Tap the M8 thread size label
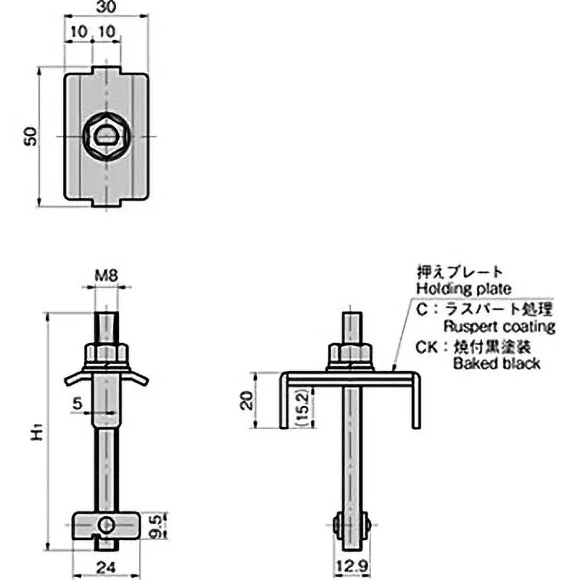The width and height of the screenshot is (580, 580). pos(107,276)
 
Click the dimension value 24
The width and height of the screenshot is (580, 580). pos(105,568)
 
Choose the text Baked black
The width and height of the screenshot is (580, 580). pos(496,363)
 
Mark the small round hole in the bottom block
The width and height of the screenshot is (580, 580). pos(107,523)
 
